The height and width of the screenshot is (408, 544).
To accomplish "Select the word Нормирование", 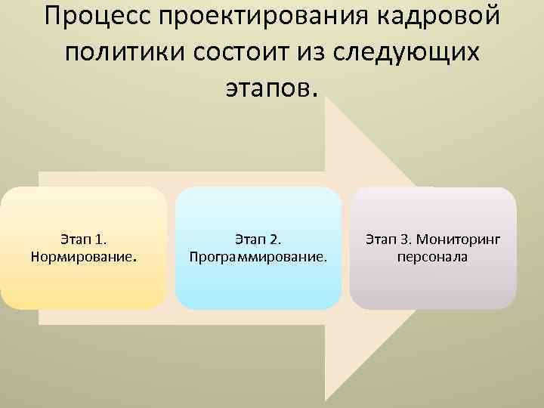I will (83, 257).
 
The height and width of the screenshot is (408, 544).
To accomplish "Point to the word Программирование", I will (258, 257).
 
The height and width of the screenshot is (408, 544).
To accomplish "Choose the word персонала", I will (433, 257).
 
